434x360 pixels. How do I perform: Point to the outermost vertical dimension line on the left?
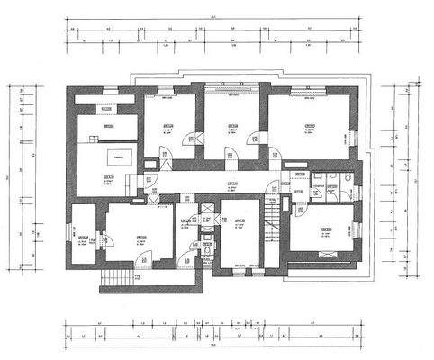(12, 180)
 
